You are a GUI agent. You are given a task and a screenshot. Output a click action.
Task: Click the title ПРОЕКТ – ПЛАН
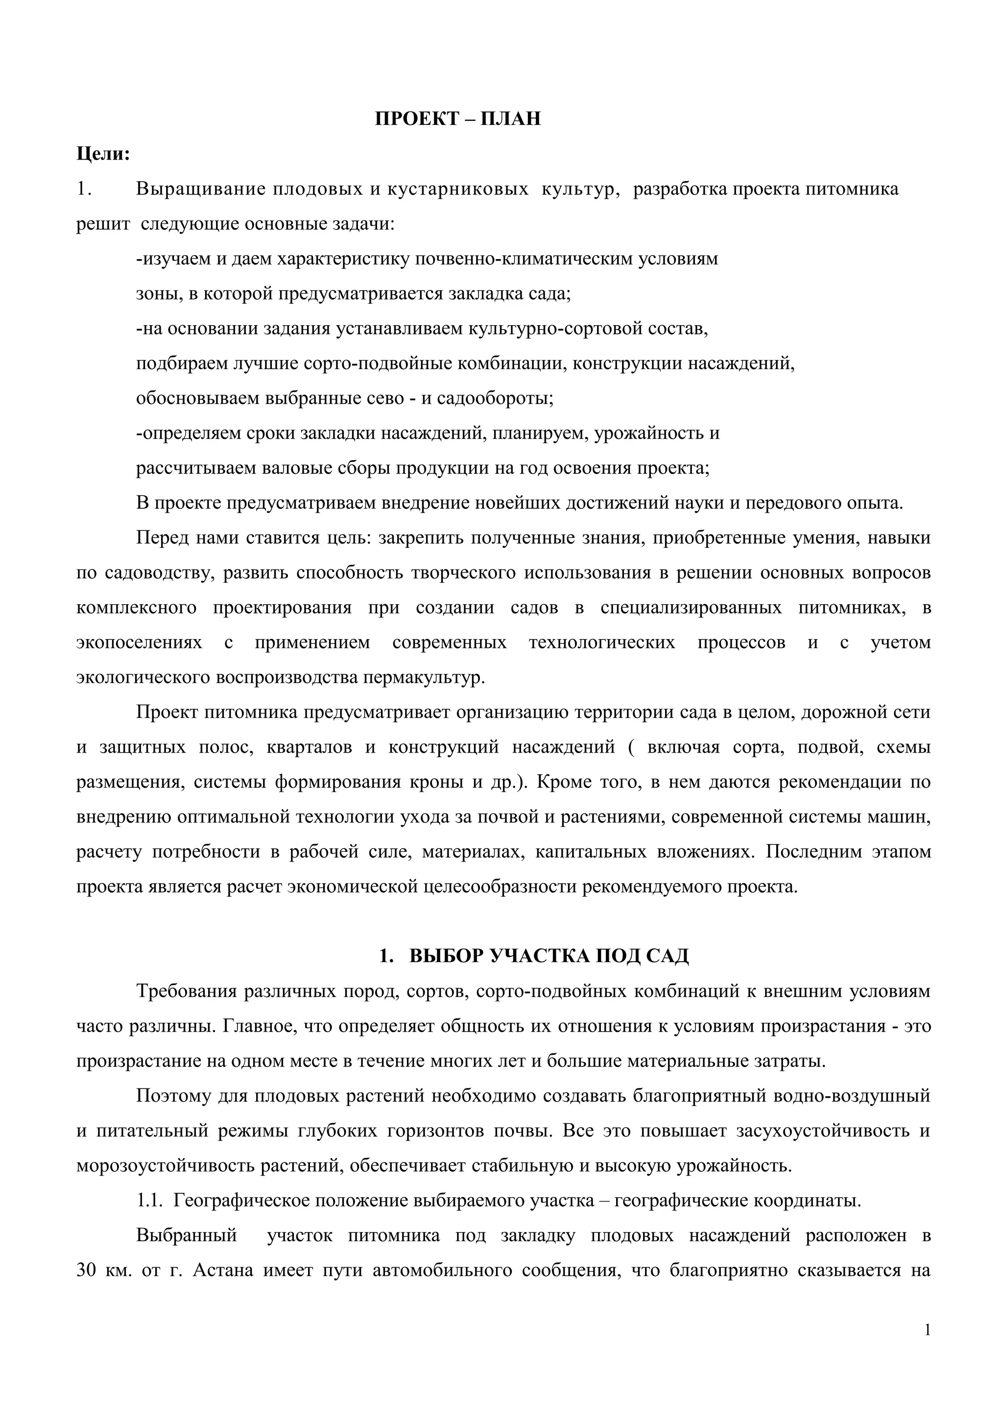coord(457,118)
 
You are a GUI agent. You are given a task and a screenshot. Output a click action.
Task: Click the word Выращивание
coord(201,189)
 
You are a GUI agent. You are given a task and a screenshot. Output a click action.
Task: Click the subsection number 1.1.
coord(149,1200)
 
